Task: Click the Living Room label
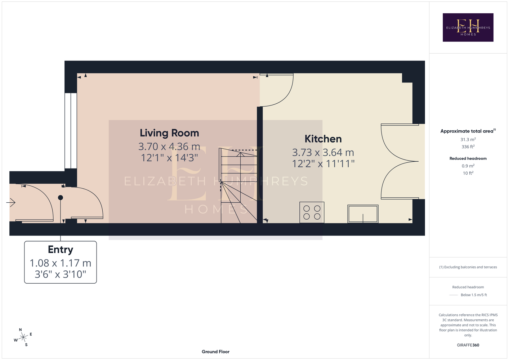(x=169, y=133)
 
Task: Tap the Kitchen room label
(x=323, y=139)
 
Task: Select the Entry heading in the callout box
(x=61, y=249)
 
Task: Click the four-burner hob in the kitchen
(x=312, y=212)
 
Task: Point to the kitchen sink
(x=363, y=214)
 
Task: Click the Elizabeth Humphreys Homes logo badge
(x=468, y=27)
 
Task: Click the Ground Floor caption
(x=215, y=352)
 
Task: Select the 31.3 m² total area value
(x=468, y=139)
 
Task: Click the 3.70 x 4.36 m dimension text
(x=169, y=147)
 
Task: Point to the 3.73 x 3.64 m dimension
(x=323, y=152)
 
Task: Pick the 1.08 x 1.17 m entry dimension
(x=61, y=263)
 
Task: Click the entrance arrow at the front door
(x=11, y=202)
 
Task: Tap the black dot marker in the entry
(x=61, y=198)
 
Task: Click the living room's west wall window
(x=71, y=131)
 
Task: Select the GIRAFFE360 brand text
(x=468, y=345)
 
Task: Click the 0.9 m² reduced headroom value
(x=468, y=166)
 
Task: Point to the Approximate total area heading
(x=468, y=131)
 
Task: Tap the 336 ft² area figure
(x=468, y=147)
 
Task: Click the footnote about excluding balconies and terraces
(x=468, y=267)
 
